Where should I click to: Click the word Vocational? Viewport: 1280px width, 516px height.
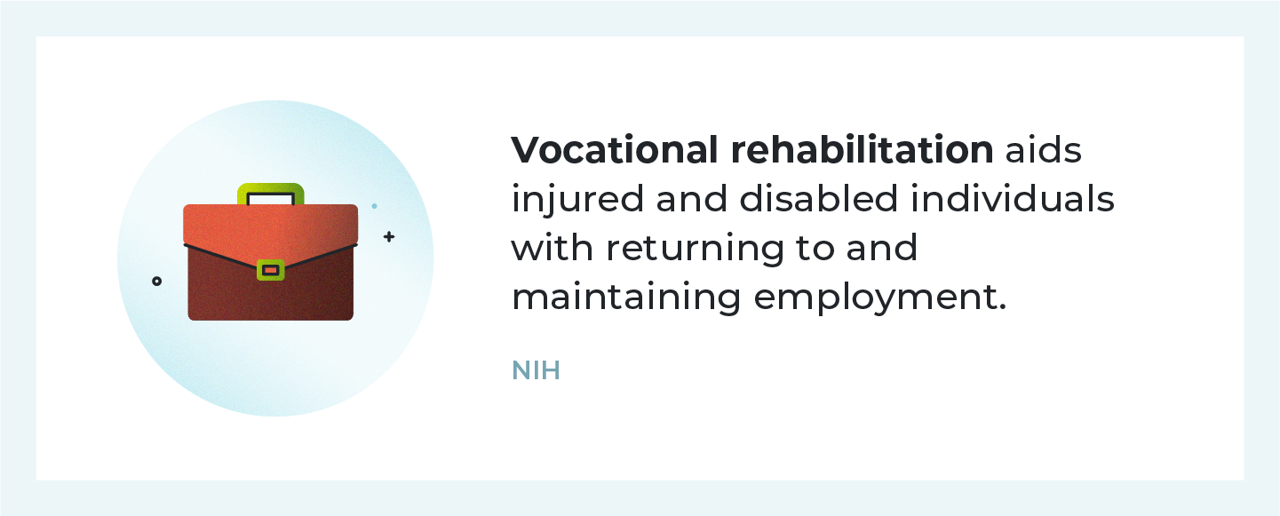pyautogui.click(x=615, y=151)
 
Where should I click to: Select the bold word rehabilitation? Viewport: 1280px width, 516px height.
pyautogui.click(x=863, y=151)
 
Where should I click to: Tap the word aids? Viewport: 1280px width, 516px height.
pyautogui.click(x=1044, y=151)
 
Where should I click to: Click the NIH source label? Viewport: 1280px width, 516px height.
pyautogui.click(x=536, y=370)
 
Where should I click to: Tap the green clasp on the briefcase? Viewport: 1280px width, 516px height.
pyautogui.click(x=270, y=269)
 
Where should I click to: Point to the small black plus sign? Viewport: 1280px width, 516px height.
pyautogui.click(x=388, y=237)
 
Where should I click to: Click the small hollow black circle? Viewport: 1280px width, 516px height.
pyautogui.click(x=157, y=282)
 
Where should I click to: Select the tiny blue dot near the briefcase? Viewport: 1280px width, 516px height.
pyautogui.click(x=374, y=206)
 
